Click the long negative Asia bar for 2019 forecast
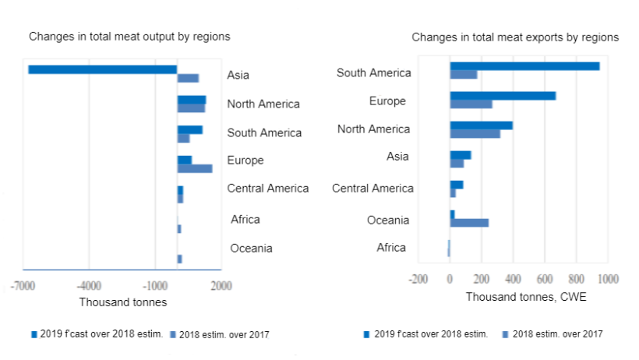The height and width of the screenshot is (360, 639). click(102, 69)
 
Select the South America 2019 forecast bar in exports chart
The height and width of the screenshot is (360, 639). click(524, 66)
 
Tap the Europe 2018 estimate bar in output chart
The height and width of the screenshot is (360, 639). click(194, 168)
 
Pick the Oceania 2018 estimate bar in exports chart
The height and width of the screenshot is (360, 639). click(469, 223)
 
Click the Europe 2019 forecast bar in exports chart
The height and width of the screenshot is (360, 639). click(503, 96)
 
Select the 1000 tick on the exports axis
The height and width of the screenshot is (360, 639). click(608, 278)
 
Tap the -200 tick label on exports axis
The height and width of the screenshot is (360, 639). click(418, 278)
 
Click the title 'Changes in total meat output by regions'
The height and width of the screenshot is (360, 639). click(129, 37)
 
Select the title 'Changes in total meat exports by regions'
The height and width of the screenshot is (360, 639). click(515, 37)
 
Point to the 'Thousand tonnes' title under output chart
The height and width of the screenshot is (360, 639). click(123, 302)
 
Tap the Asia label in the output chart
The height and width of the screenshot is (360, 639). click(238, 76)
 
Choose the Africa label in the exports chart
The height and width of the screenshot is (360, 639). click(391, 248)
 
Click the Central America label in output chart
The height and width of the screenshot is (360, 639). click(267, 189)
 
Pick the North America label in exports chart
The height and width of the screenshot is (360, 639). click(373, 129)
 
